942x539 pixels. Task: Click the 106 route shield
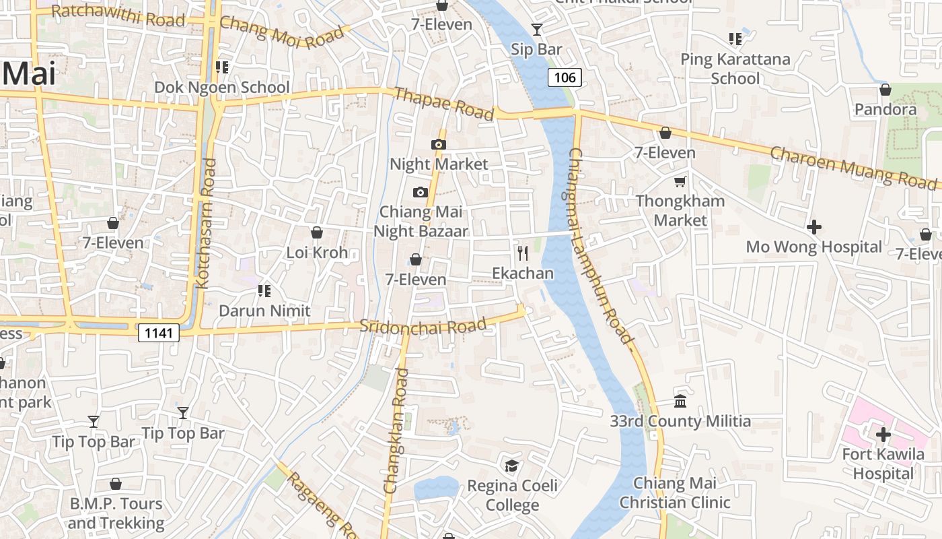click(565, 77)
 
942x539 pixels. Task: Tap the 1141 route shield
click(159, 333)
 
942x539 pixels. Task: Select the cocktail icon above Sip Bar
click(536, 29)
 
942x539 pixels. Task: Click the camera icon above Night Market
click(438, 144)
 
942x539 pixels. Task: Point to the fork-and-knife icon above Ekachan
click(522, 253)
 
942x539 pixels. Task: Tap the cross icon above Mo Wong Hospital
click(813, 227)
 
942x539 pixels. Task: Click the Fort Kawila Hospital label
click(883, 464)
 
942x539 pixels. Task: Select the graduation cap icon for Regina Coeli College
click(512, 466)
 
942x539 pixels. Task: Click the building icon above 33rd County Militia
click(680, 401)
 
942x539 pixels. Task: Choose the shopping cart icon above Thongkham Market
click(680, 181)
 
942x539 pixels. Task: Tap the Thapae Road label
click(444, 104)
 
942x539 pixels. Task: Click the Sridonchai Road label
click(423, 326)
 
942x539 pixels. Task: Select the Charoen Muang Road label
click(853, 167)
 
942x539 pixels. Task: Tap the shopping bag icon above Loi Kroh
click(317, 232)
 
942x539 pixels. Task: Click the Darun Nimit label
click(264, 311)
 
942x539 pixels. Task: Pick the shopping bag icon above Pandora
click(885, 90)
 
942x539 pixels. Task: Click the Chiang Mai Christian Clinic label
click(674, 493)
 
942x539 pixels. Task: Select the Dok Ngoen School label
click(222, 88)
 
